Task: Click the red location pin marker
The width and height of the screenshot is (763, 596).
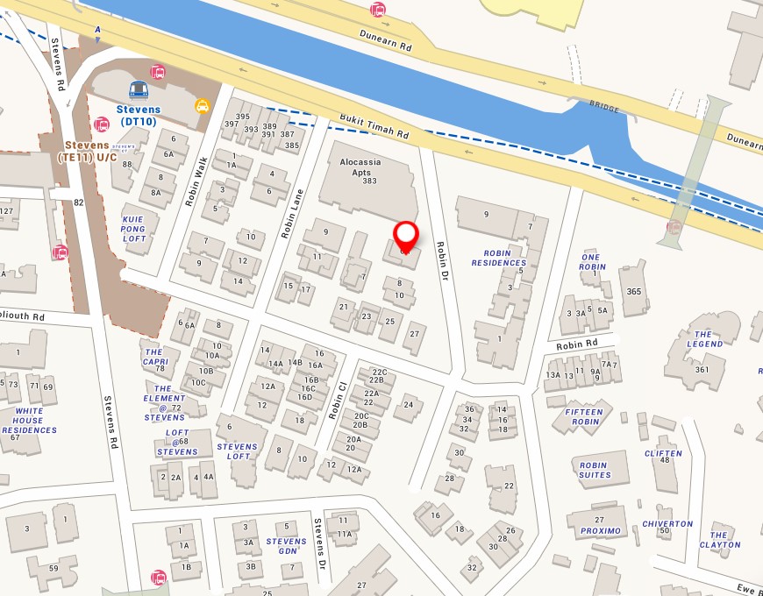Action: click(405, 235)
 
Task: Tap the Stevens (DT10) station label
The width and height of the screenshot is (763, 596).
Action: click(139, 116)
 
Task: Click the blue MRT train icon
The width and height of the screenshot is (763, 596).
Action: click(139, 90)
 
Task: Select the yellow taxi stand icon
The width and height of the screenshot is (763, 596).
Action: click(203, 106)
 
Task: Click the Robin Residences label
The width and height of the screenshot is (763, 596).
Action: click(499, 257)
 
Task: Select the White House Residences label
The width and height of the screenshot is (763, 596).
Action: click(29, 421)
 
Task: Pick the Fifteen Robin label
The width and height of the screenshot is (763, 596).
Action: click(584, 417)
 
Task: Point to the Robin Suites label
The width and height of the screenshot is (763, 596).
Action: click(595, 470)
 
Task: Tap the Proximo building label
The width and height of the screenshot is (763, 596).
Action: click(600, 531)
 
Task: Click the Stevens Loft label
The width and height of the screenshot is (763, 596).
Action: click(239, 451)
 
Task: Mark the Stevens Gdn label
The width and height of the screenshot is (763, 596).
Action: click(287, 546)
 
